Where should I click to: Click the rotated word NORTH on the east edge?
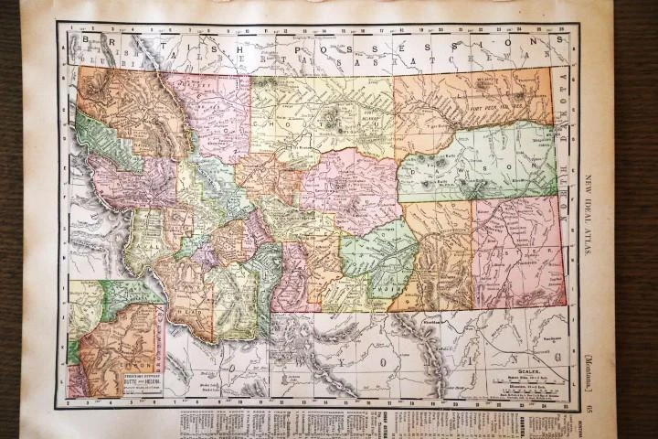(x=563, y=91)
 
